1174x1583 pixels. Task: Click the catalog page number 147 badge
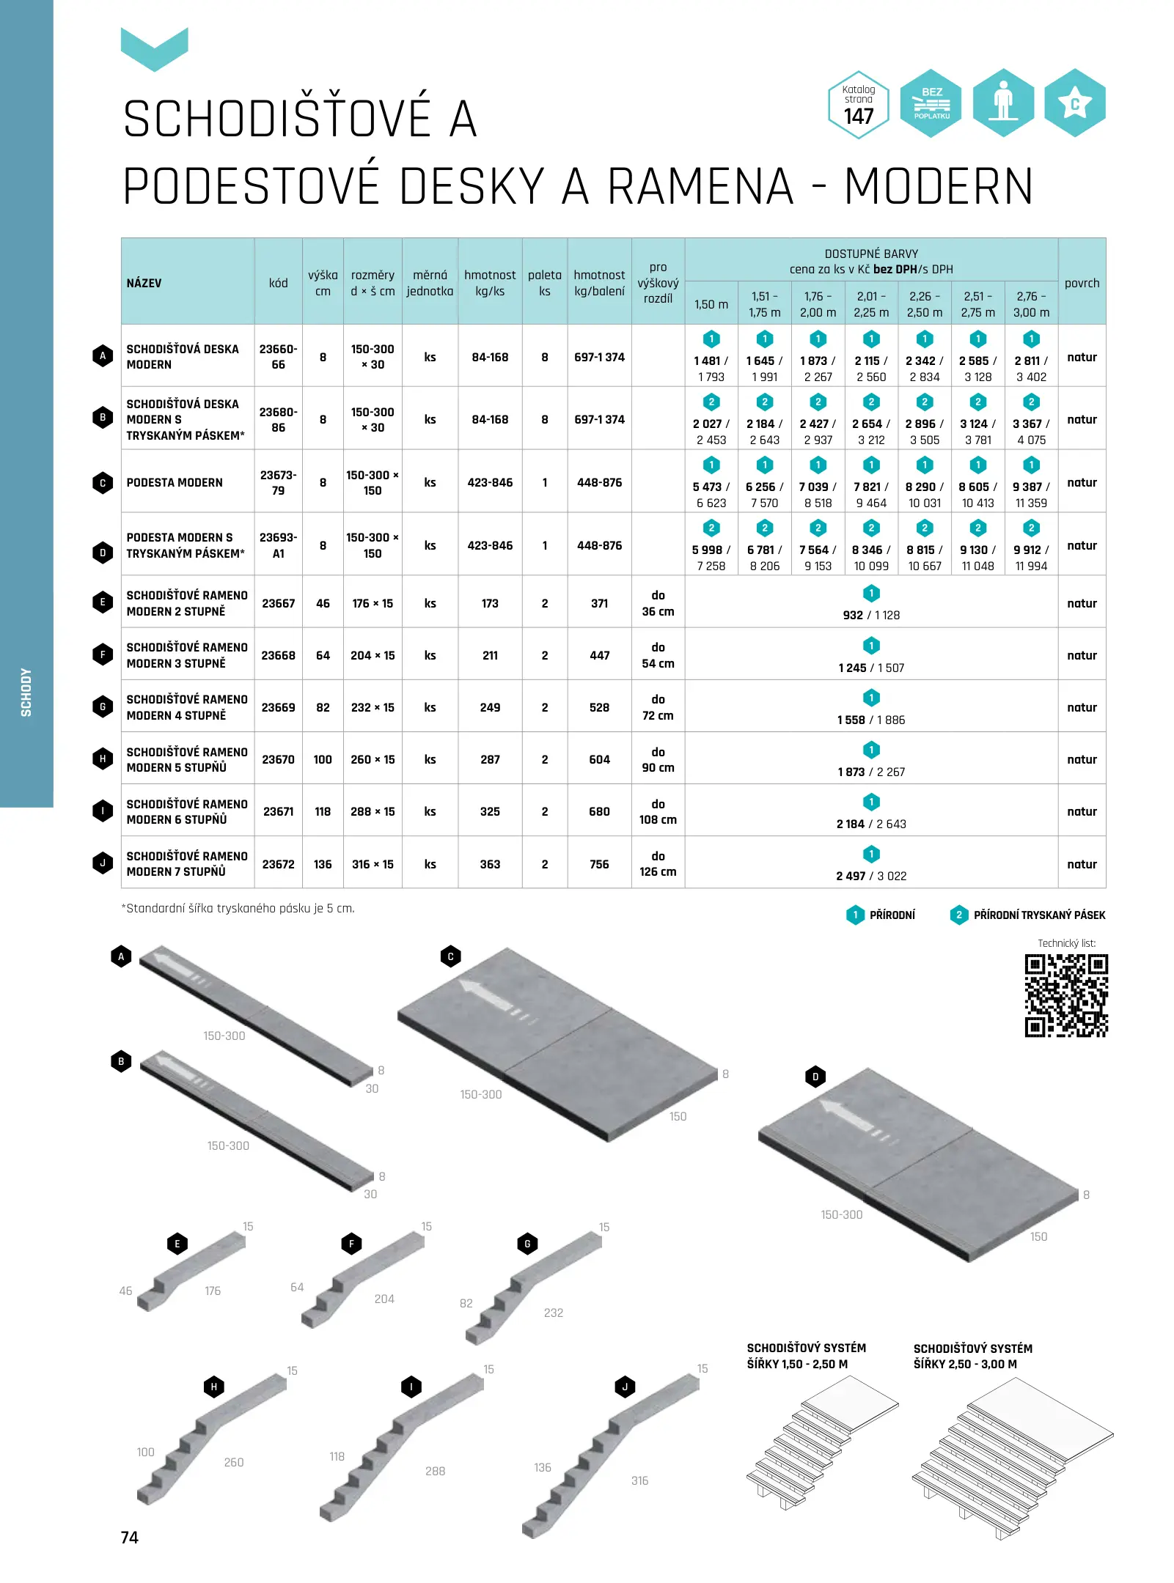click(858, 105)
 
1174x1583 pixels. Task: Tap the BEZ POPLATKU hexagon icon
click(931, 104)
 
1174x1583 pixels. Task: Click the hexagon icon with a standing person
click(1002, 103)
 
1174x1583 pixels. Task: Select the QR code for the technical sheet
click(1065, 995)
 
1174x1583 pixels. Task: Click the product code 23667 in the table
click(278, 603)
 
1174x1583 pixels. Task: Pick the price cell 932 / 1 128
click(870, 615)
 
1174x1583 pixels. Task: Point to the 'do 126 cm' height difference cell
click(658, 863)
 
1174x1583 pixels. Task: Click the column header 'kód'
click(278, 283)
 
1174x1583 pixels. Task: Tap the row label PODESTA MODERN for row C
click(175, 482)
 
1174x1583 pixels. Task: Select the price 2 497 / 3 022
click(870, 876)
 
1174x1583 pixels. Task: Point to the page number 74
click(130, 1537)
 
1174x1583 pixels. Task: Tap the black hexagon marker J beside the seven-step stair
click(625, 1387)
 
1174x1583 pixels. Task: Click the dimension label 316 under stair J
click(639, 1480)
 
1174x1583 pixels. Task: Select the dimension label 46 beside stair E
click(125, 1291)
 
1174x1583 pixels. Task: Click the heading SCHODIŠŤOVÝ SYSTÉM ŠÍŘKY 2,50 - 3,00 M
click(972, 1356)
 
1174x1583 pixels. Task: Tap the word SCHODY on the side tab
click(26, 692)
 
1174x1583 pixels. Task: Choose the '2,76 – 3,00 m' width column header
click(1031, 304)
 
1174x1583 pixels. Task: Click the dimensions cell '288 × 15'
click(373, 811)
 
